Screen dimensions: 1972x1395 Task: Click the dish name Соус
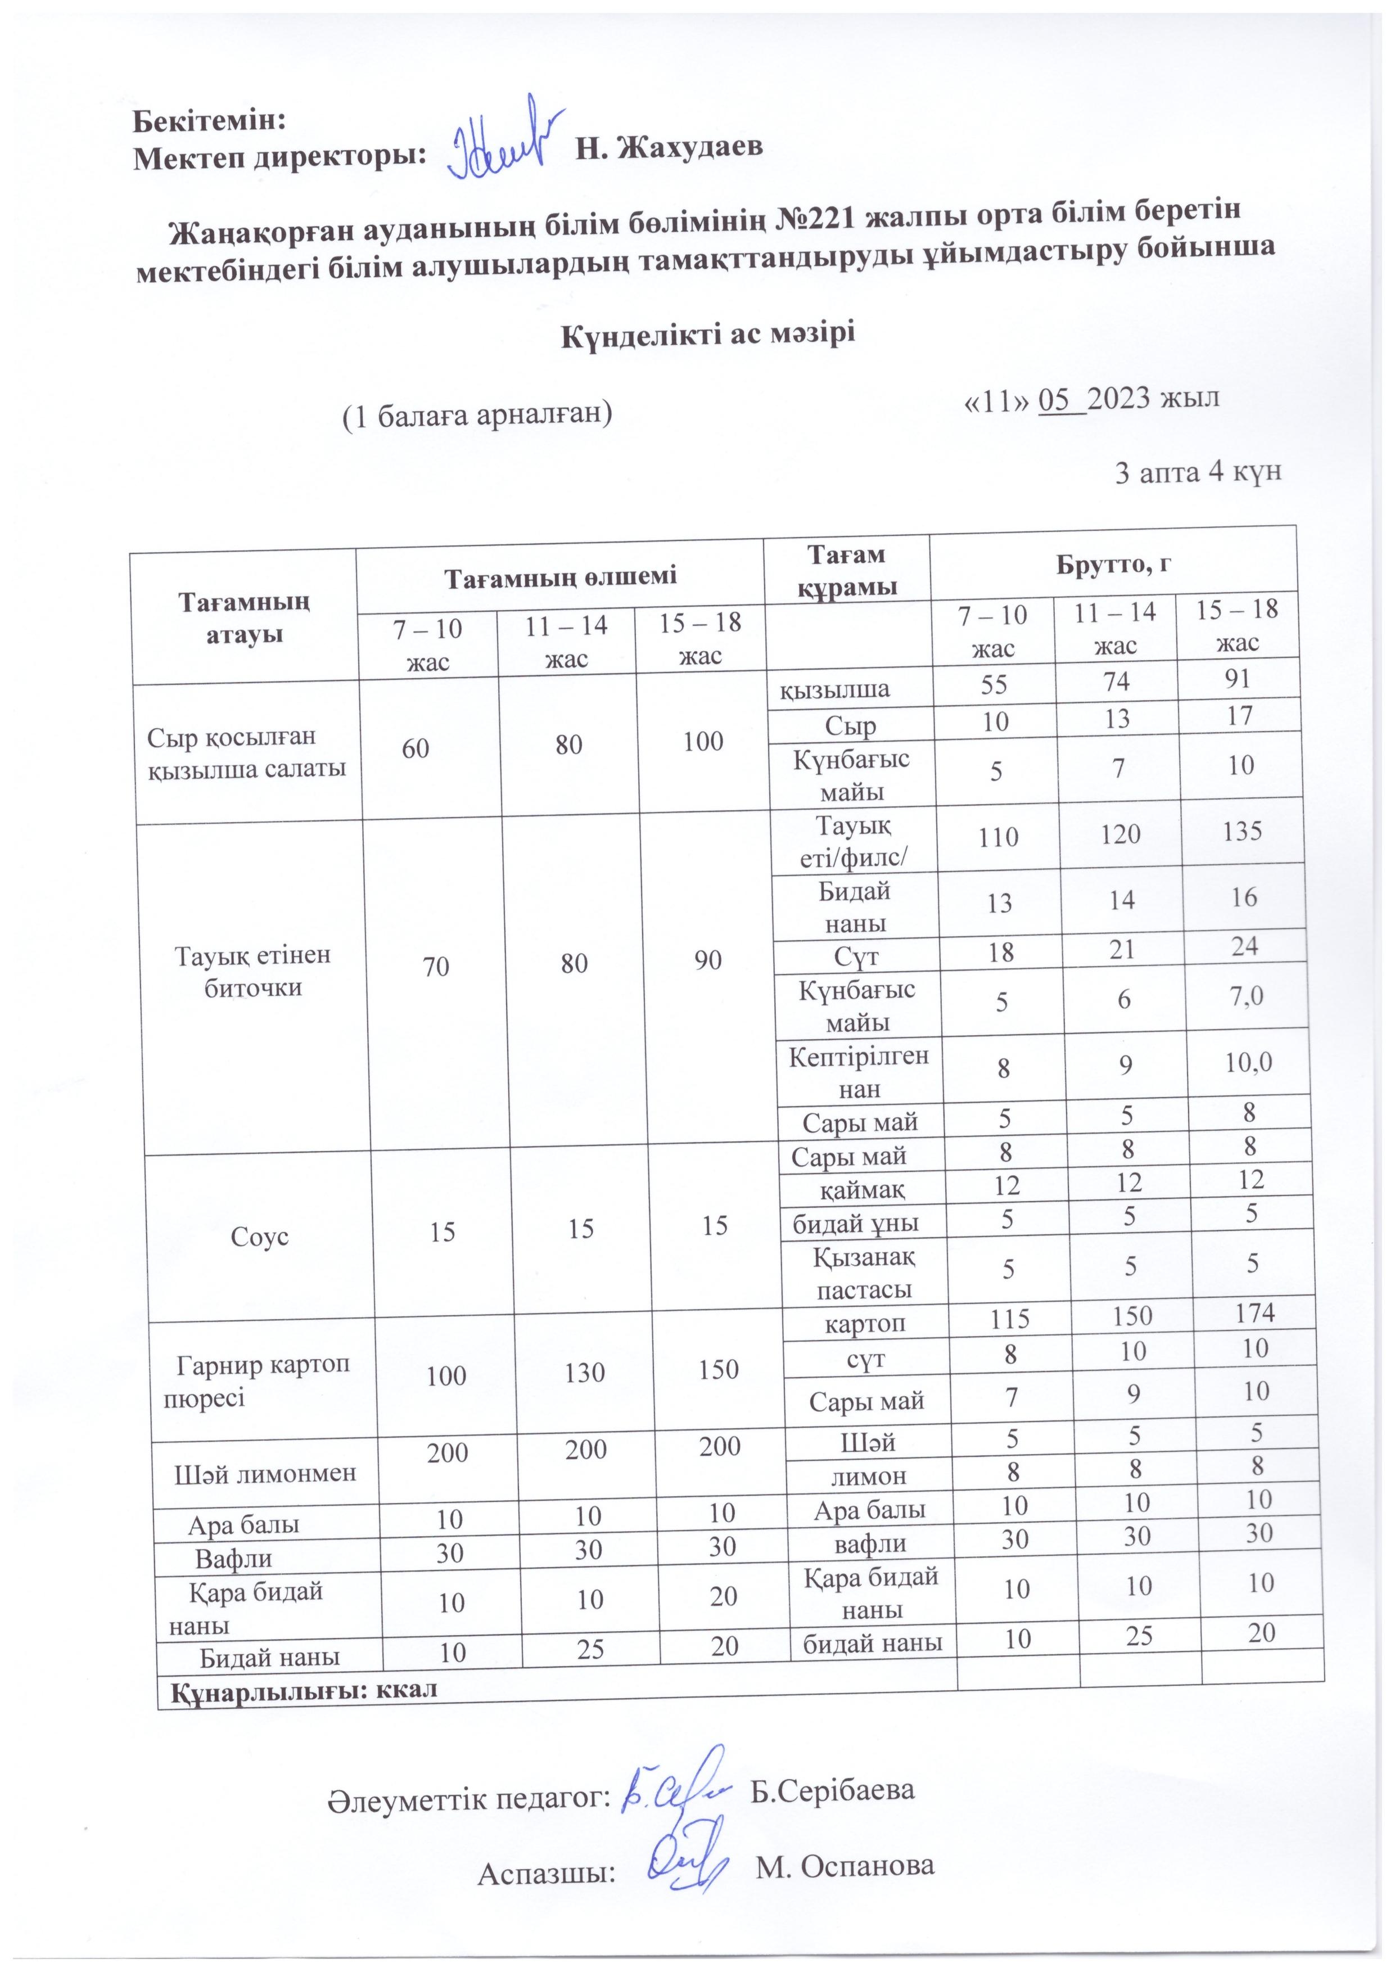pos(259,1238)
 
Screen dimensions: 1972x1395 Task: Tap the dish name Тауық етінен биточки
pos(254,972)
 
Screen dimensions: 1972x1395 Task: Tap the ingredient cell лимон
pos(869,1475)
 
